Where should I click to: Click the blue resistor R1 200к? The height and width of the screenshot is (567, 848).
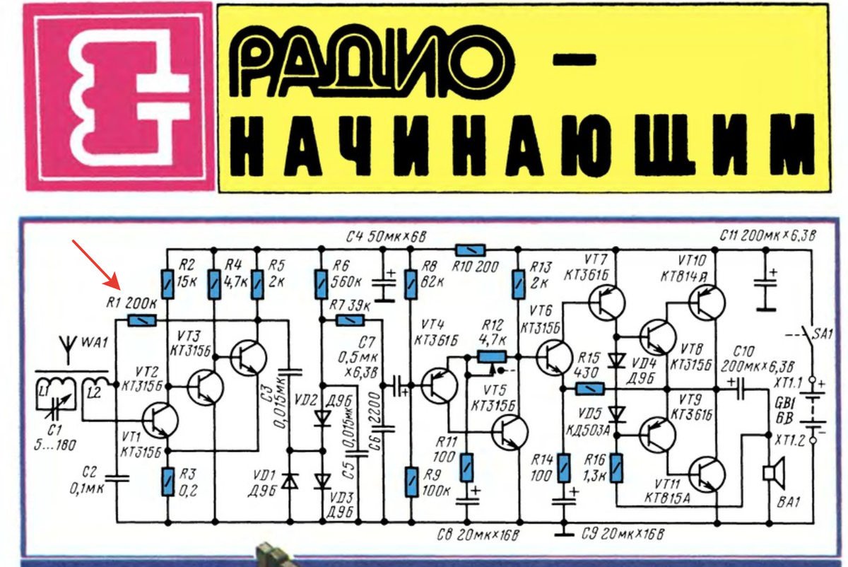[x=142, y=320]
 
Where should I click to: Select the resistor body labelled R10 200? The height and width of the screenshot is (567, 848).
[x=470, y=250]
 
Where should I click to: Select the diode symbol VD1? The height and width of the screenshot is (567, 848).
[x=289, y=481]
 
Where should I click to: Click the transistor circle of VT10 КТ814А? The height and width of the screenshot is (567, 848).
[x=707, y=303]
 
